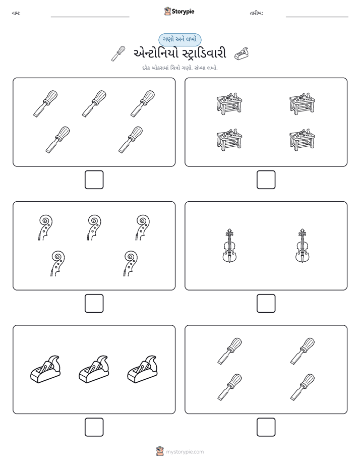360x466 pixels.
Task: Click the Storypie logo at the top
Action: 179,11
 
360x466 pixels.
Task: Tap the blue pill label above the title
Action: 179,39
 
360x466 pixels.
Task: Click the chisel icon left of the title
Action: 118,53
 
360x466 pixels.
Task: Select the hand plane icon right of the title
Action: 241,54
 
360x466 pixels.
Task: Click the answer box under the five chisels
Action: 94,180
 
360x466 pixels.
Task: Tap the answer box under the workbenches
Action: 266,180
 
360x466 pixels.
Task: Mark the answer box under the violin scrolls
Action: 94,304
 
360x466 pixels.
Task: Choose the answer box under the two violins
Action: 266,304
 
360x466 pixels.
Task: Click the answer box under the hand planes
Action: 94,427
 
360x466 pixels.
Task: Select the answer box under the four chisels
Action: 266,427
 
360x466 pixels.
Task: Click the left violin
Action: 229,246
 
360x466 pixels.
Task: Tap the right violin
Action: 303,246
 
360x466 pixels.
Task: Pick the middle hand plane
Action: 94,369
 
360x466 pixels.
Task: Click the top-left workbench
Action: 229,103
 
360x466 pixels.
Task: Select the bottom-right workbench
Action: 303,140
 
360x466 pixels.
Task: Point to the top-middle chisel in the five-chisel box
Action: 94,103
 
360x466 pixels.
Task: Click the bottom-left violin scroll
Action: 57,264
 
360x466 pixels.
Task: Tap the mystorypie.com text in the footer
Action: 185,452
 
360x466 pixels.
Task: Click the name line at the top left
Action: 90,17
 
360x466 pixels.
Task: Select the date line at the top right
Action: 317,17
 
